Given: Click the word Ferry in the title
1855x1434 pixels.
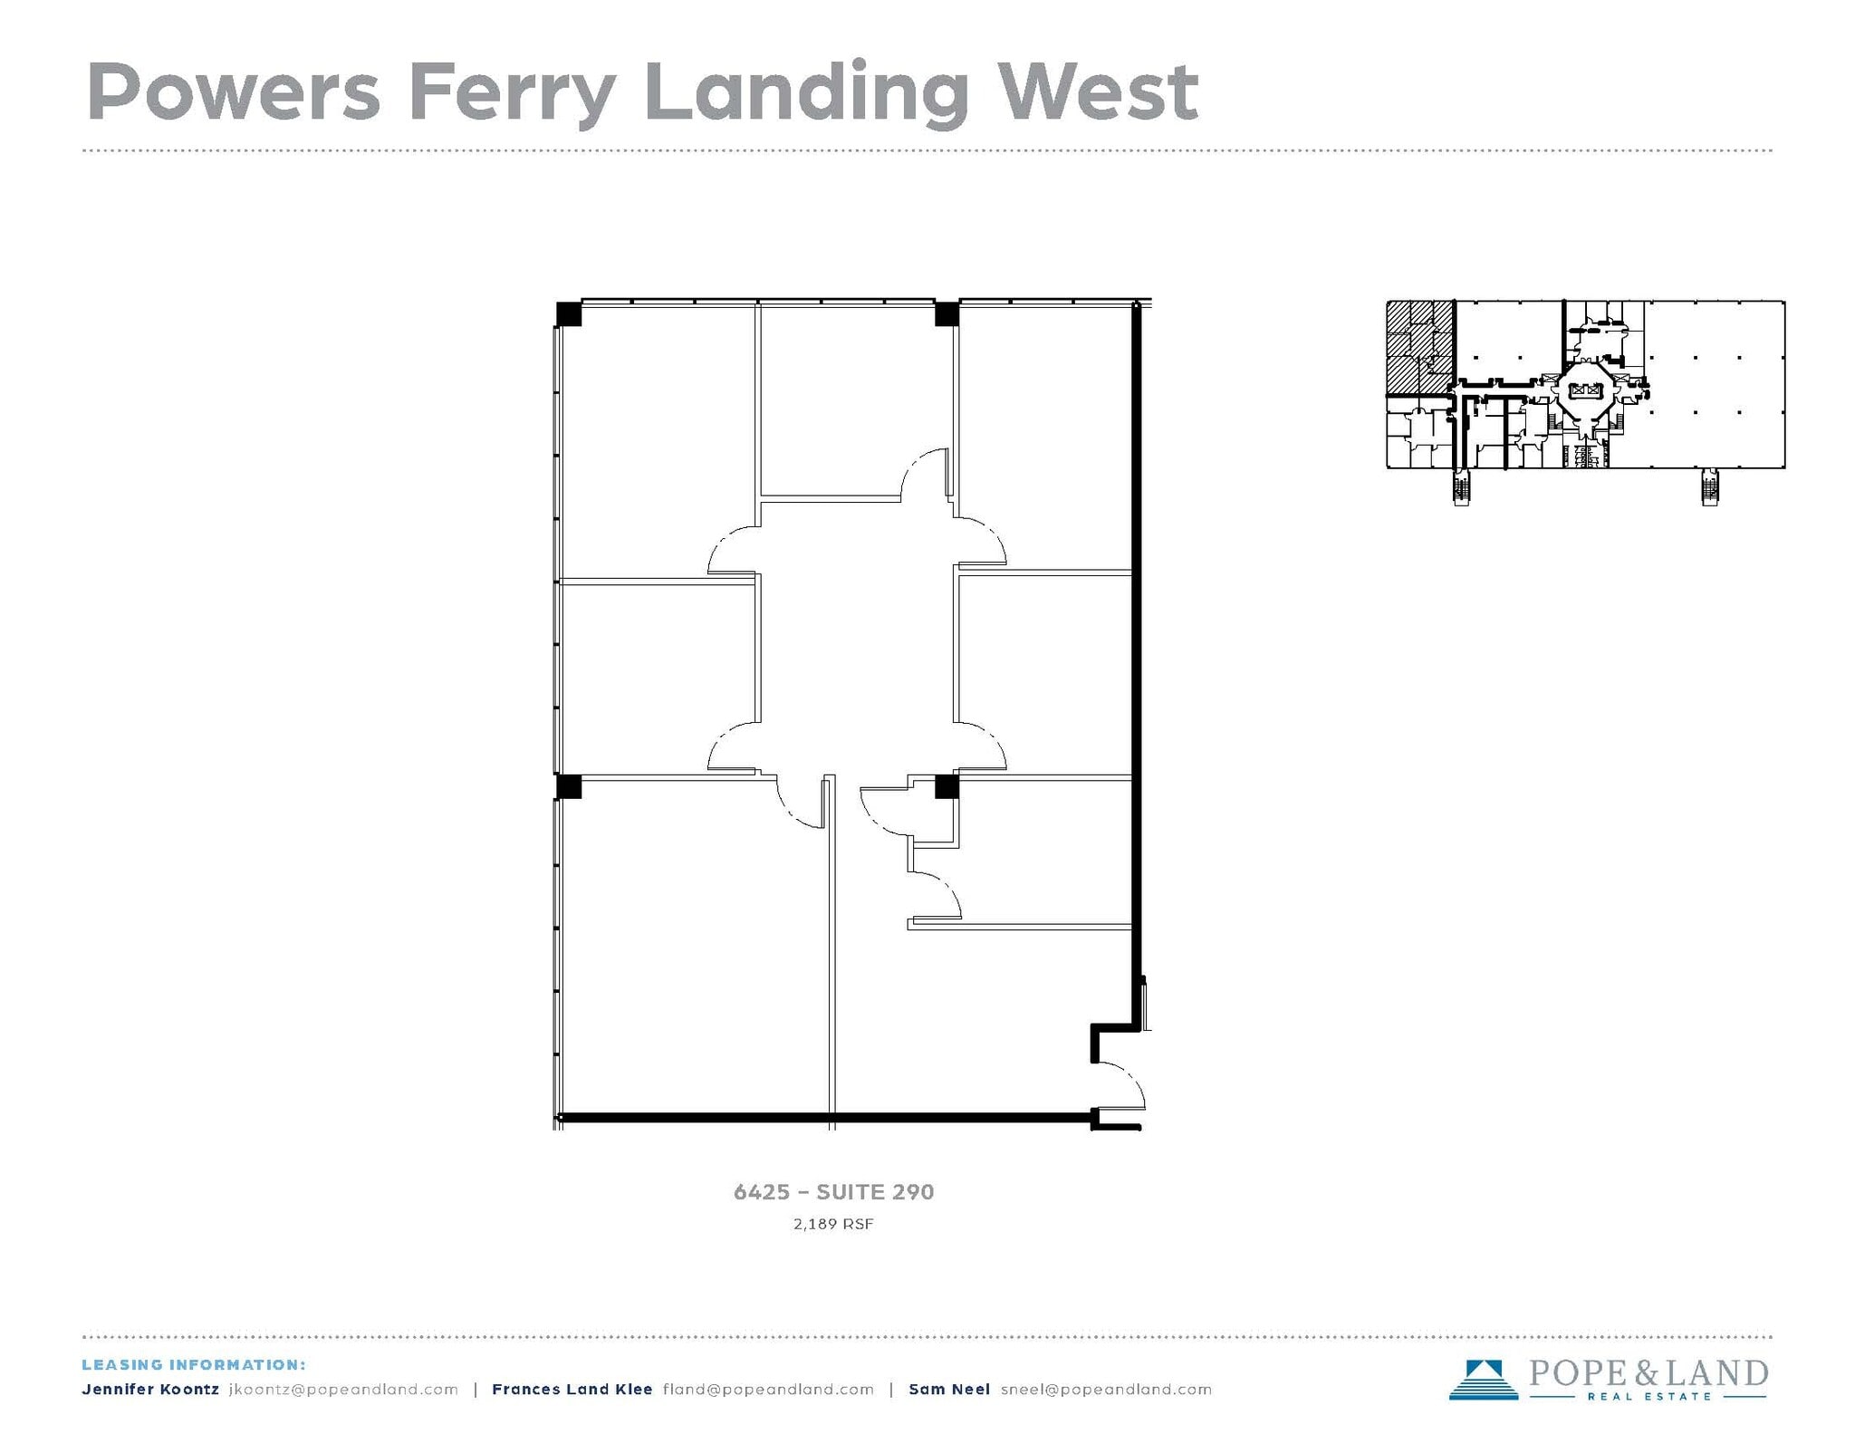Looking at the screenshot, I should point(513,92).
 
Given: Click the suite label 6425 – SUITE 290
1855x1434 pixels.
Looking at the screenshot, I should point(833,1192).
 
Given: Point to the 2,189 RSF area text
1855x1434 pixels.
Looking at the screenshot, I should point(833,1225).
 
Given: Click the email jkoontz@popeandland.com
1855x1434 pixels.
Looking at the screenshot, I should point(343,1390).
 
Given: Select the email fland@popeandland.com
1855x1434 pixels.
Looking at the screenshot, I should point(768,1390).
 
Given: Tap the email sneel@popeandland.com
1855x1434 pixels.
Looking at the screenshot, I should point(1106,1390).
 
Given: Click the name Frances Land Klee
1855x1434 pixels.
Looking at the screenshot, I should point(572,1390).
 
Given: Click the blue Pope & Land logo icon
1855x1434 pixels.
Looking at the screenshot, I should point(1483,1380).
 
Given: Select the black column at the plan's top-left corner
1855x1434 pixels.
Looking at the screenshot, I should point(569,314).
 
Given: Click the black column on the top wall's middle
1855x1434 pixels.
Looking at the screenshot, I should point(947,314).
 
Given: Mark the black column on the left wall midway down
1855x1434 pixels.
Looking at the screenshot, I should point(569,785).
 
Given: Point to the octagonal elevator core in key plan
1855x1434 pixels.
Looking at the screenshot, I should point(1584,391).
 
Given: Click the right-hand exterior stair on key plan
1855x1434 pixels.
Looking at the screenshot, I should point(1709,486).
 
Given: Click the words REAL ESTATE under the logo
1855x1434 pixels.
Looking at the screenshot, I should point(1648,1397).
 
